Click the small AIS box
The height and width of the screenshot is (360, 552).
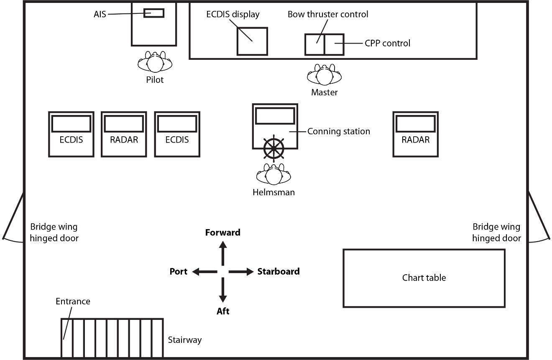click(153, 13)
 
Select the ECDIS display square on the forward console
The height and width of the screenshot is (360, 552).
click(252, 41)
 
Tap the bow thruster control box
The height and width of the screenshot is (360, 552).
click(314, 44)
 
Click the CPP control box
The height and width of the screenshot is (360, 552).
click(334, 44)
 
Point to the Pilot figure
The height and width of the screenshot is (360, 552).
click(155, 63)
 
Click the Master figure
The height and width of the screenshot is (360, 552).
click(324, 76)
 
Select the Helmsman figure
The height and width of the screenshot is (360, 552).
click(273, 175)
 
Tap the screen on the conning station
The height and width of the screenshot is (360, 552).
click(275, 116)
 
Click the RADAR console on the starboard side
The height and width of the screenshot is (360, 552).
click(415, 134)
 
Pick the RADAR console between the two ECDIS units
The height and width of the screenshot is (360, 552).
click(124, 134)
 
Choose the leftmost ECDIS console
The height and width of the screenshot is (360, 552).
click(71, 134)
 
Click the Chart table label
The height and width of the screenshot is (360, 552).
click(424, 278)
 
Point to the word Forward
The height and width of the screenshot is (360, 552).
click(222, 232)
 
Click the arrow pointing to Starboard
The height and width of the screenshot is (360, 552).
click(241, 272)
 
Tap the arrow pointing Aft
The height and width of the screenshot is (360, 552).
click(222, 290)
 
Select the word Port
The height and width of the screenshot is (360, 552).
click(179, 271)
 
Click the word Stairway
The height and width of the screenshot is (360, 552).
click(184, 340)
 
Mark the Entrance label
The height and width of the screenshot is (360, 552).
click(73, 301)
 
